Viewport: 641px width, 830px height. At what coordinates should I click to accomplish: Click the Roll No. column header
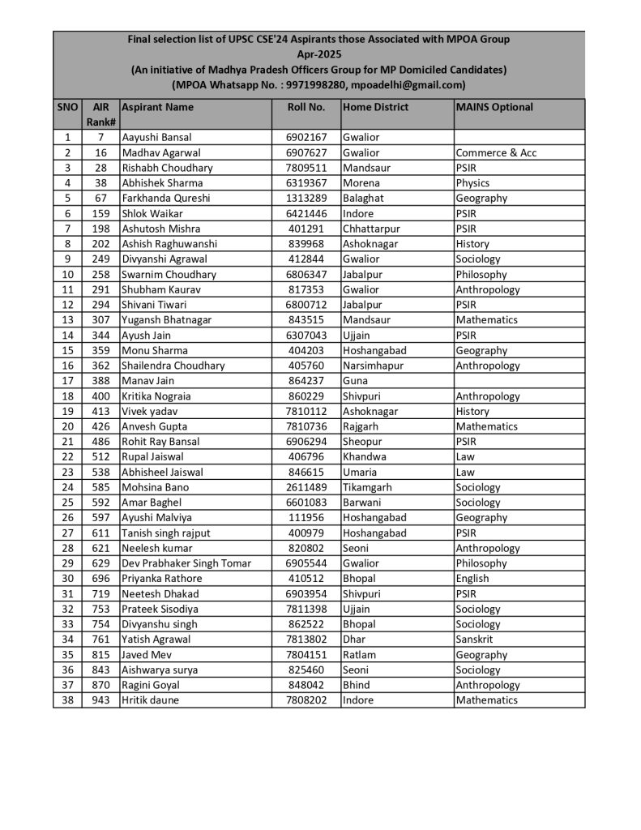coord(306,107)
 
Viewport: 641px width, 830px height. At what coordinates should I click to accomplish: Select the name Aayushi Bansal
coord(156,138)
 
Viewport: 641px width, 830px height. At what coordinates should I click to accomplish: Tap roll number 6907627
coord(306,152)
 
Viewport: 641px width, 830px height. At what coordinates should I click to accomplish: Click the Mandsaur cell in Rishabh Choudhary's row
coord(366,168)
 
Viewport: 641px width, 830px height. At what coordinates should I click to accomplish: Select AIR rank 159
coord(100,213)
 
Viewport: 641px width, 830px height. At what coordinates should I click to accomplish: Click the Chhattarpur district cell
coord(373,229)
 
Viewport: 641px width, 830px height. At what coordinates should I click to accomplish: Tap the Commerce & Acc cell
coord(496,152)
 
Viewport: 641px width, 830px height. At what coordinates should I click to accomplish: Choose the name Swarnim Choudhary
coord(169,275)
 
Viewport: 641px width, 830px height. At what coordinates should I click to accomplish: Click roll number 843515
coord(306,320)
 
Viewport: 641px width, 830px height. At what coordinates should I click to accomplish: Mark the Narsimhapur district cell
coord(373,366)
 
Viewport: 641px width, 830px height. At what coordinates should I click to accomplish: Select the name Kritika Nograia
coord(156,396)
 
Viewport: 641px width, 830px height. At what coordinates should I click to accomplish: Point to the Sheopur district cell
coord(364,442)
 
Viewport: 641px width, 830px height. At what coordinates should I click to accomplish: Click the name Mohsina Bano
coord(155,487)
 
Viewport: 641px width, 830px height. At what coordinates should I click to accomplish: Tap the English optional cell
coord(472,579)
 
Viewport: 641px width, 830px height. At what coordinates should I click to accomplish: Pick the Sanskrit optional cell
coord(475,640)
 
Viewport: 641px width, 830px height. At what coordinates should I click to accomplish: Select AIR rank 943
coord(100,700)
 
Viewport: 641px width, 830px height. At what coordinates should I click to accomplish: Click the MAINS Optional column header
coord(494,107)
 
